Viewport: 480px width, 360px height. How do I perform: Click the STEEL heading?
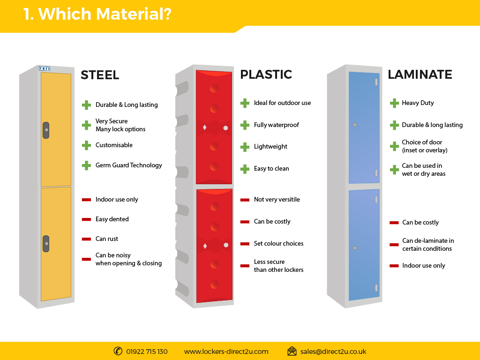pos(100,75)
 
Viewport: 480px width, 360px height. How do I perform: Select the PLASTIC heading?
pos(266,75)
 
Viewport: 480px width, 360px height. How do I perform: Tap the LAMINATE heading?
pos(420,75)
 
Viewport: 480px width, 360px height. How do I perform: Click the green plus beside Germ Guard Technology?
pos(86,165)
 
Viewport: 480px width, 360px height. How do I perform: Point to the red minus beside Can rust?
pos(86,239)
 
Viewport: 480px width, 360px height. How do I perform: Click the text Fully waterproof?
pos(277,125)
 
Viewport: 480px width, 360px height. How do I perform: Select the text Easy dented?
pos(112,219)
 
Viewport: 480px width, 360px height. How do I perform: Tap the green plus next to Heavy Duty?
pos(394,103)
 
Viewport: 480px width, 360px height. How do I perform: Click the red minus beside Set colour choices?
pos(245,244)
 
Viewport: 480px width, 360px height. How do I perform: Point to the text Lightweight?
pos(270,147)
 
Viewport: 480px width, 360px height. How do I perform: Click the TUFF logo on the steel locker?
pos(45,68)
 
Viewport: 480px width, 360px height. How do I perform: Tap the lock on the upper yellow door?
pos(46,130)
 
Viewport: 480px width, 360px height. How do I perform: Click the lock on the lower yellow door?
pos(46,244)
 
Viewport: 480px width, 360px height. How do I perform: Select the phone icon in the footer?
pos(118,351)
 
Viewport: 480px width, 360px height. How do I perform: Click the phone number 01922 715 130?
pos(147,352)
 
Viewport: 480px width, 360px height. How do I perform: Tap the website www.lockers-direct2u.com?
pos(226,352)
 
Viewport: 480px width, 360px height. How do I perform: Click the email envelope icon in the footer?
pos(292,351)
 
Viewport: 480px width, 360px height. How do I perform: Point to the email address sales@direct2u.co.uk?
pos(333,352)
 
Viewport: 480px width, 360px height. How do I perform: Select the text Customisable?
pos(114,145)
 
